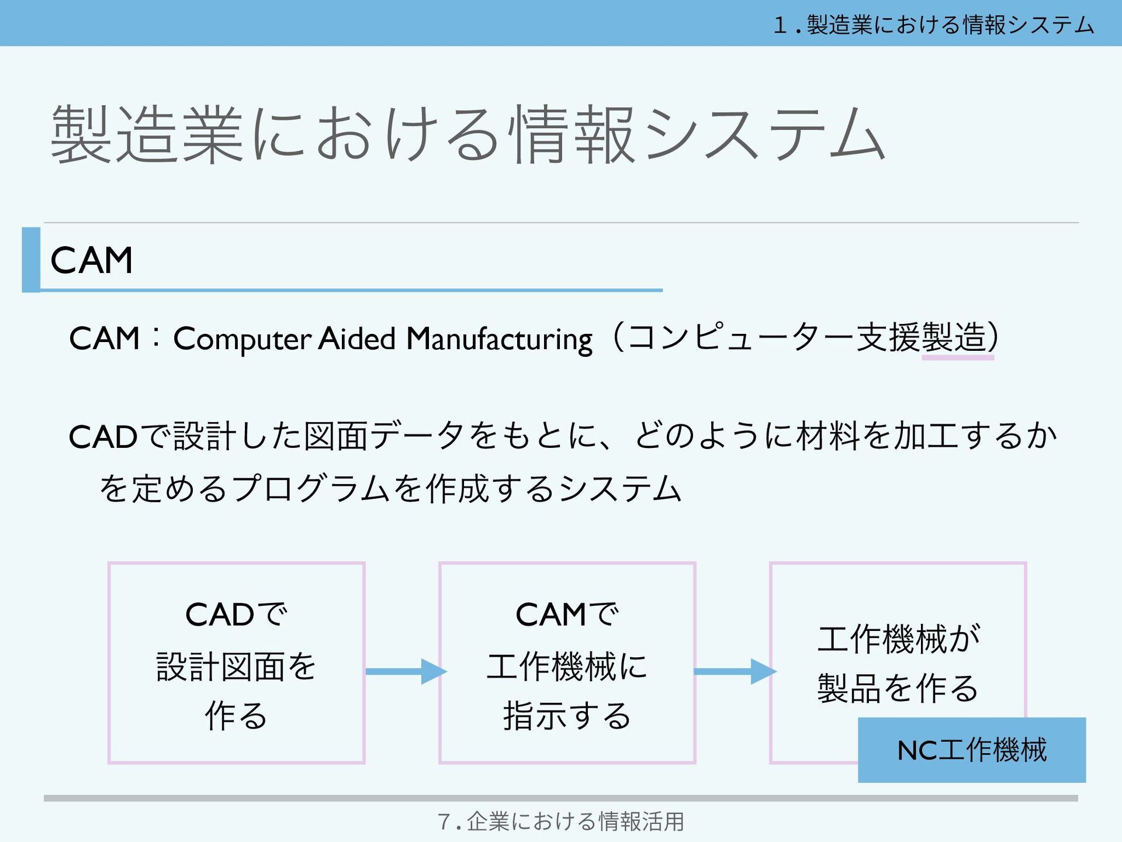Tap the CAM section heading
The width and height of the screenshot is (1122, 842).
pos(92,260)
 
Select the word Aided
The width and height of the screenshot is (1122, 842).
pos(357,339)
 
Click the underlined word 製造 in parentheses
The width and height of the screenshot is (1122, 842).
pos(957,338)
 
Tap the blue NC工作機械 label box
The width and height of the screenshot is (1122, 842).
pos(971,750)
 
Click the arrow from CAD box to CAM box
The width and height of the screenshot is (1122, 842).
pos(406,671)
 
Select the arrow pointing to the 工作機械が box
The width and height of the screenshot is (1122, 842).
pos(735,671)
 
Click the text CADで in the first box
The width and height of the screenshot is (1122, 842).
pos(236,615)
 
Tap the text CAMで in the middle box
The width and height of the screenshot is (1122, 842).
pos(566,615)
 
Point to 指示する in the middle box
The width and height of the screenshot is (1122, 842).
pos(566,716)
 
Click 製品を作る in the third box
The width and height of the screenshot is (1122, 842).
pos(898,689)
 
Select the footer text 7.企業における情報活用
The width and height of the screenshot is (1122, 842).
pos(560,822)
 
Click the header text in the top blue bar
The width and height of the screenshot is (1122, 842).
pos(933,25)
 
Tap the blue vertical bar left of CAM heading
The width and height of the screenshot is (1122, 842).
pos(31,260)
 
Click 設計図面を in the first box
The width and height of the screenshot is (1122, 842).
pos(236,667)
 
